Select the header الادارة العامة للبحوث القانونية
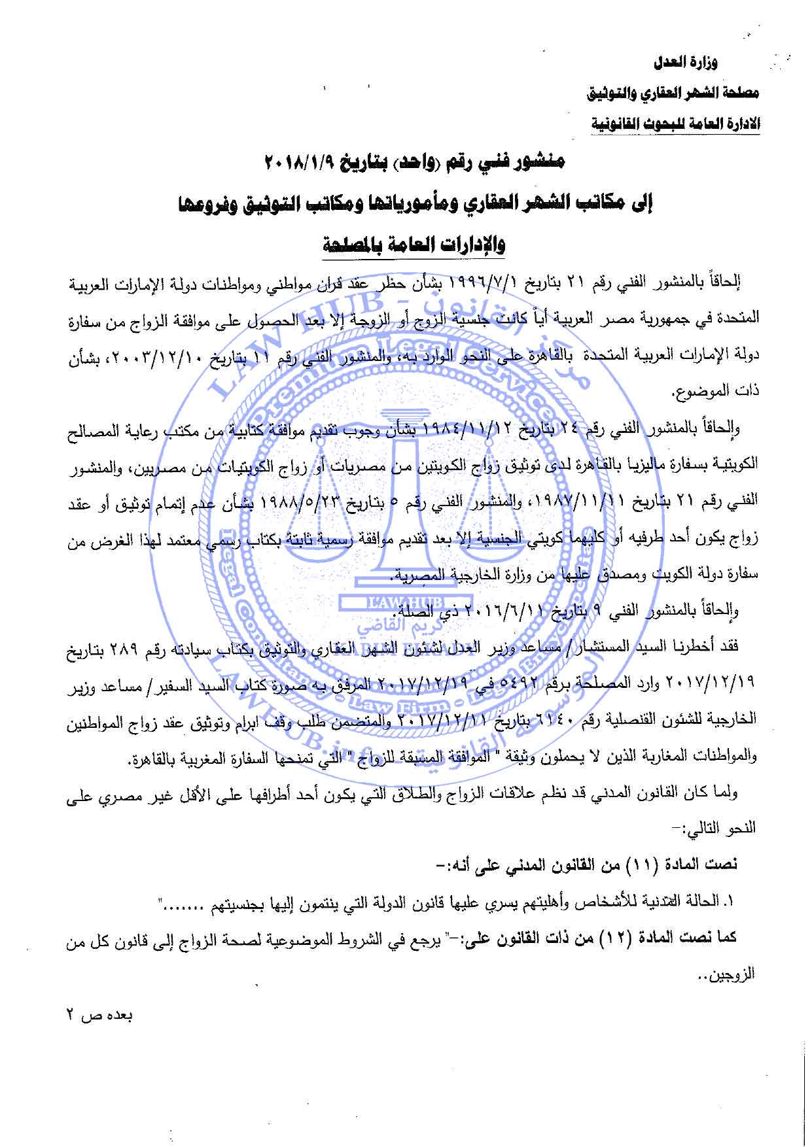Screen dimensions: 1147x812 676,123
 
